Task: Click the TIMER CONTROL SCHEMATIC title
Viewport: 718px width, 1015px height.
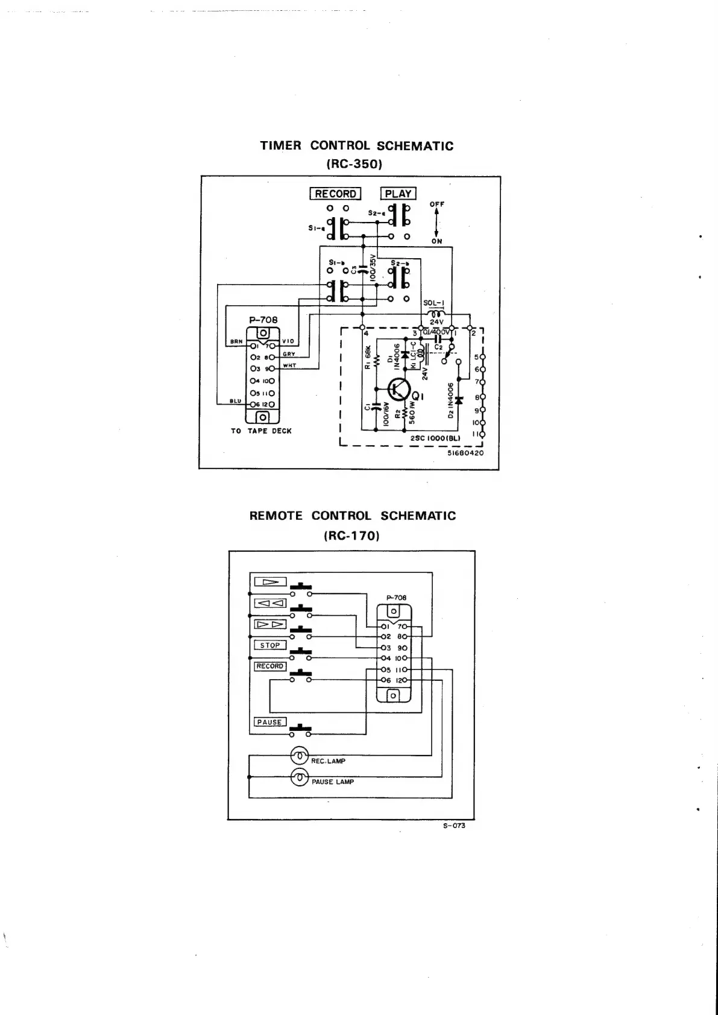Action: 356,146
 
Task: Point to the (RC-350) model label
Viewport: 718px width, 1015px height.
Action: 355,163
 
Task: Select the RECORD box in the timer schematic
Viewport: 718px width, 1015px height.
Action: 335,194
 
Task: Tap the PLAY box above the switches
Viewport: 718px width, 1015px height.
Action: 398,194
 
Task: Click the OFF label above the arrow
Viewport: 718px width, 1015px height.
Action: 437,204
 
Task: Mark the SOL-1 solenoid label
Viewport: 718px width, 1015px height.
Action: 434,303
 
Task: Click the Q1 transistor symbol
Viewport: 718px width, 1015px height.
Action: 398,389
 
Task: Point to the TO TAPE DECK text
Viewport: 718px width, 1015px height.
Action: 261,431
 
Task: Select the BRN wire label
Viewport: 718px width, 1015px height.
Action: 236,342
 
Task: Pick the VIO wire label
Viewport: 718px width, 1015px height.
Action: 288,341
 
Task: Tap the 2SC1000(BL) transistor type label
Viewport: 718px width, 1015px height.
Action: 435,438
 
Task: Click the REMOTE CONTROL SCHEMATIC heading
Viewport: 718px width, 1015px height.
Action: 353,516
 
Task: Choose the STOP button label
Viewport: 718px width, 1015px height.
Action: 269,645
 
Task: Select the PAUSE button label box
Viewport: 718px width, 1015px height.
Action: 269,722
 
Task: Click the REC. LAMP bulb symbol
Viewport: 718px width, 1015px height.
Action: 300,755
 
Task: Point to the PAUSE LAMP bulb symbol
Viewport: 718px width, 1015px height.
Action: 300,778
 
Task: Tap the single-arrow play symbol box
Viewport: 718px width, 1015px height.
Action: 270,582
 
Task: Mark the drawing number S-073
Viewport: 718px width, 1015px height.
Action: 455,826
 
